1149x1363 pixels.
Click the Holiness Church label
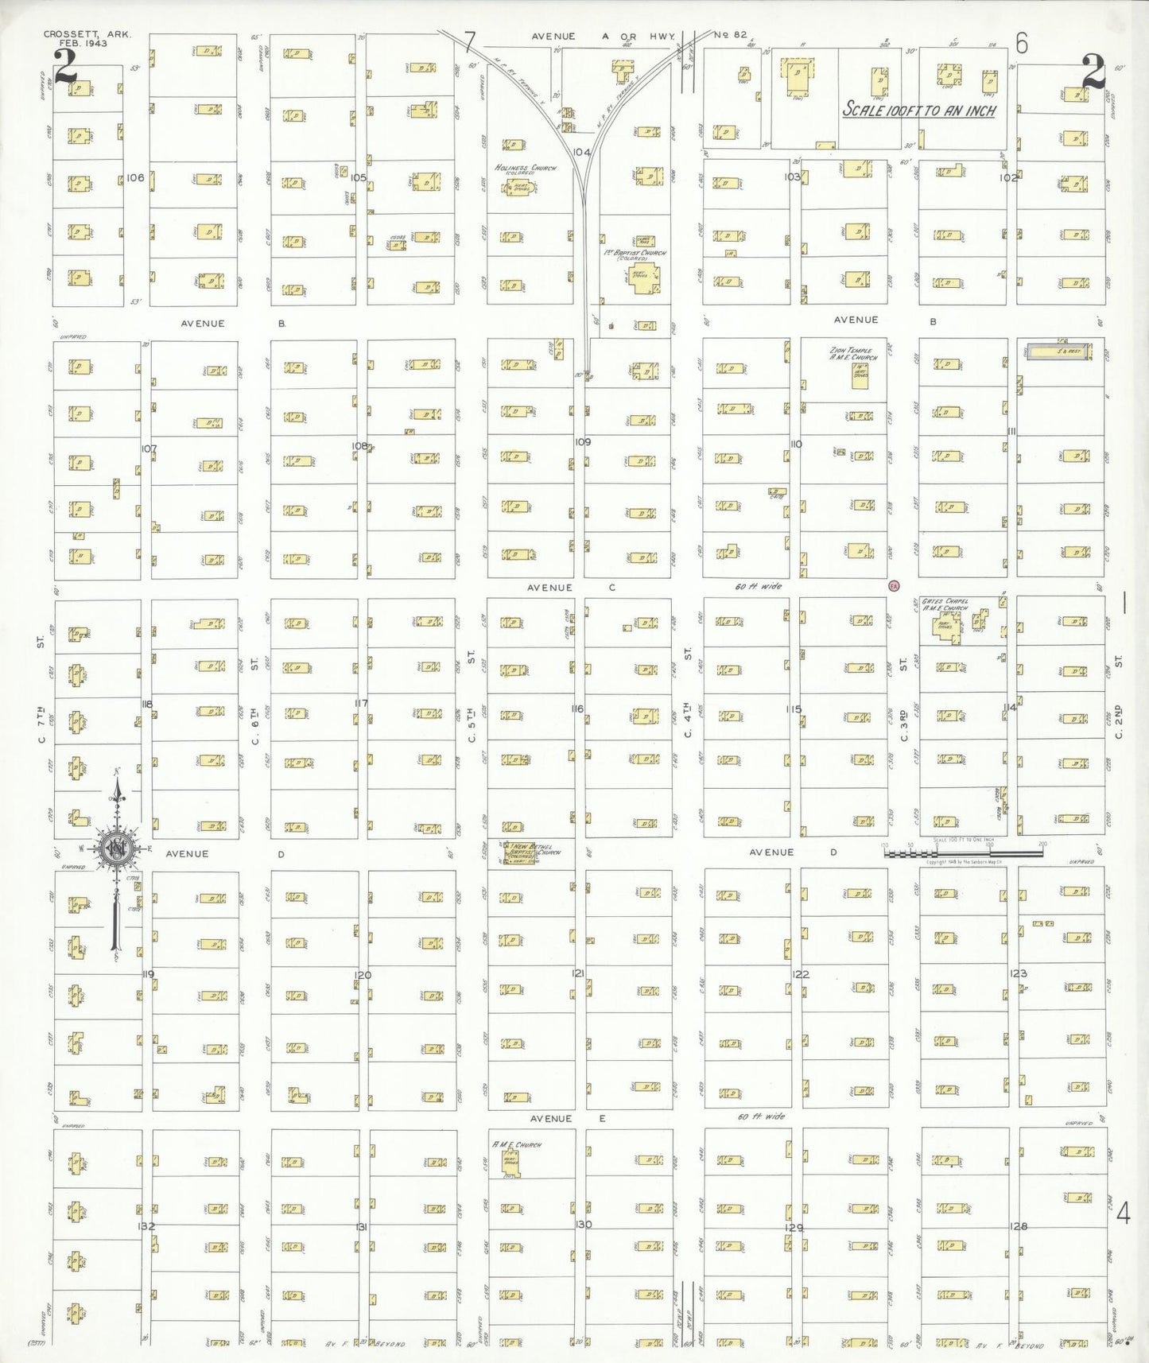525,169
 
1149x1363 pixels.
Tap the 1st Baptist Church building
643,278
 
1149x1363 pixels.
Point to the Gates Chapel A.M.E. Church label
945,604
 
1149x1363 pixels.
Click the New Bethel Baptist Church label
534,850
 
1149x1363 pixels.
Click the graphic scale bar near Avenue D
963,852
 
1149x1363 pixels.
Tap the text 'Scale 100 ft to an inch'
919,111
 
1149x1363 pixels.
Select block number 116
577,709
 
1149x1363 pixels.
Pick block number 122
800,974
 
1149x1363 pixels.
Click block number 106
135,177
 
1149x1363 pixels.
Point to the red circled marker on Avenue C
894,586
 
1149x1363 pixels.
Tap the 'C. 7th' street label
41,724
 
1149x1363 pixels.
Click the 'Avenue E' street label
568,1118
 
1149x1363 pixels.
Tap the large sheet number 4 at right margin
1123,1213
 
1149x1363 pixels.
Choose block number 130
583,1224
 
